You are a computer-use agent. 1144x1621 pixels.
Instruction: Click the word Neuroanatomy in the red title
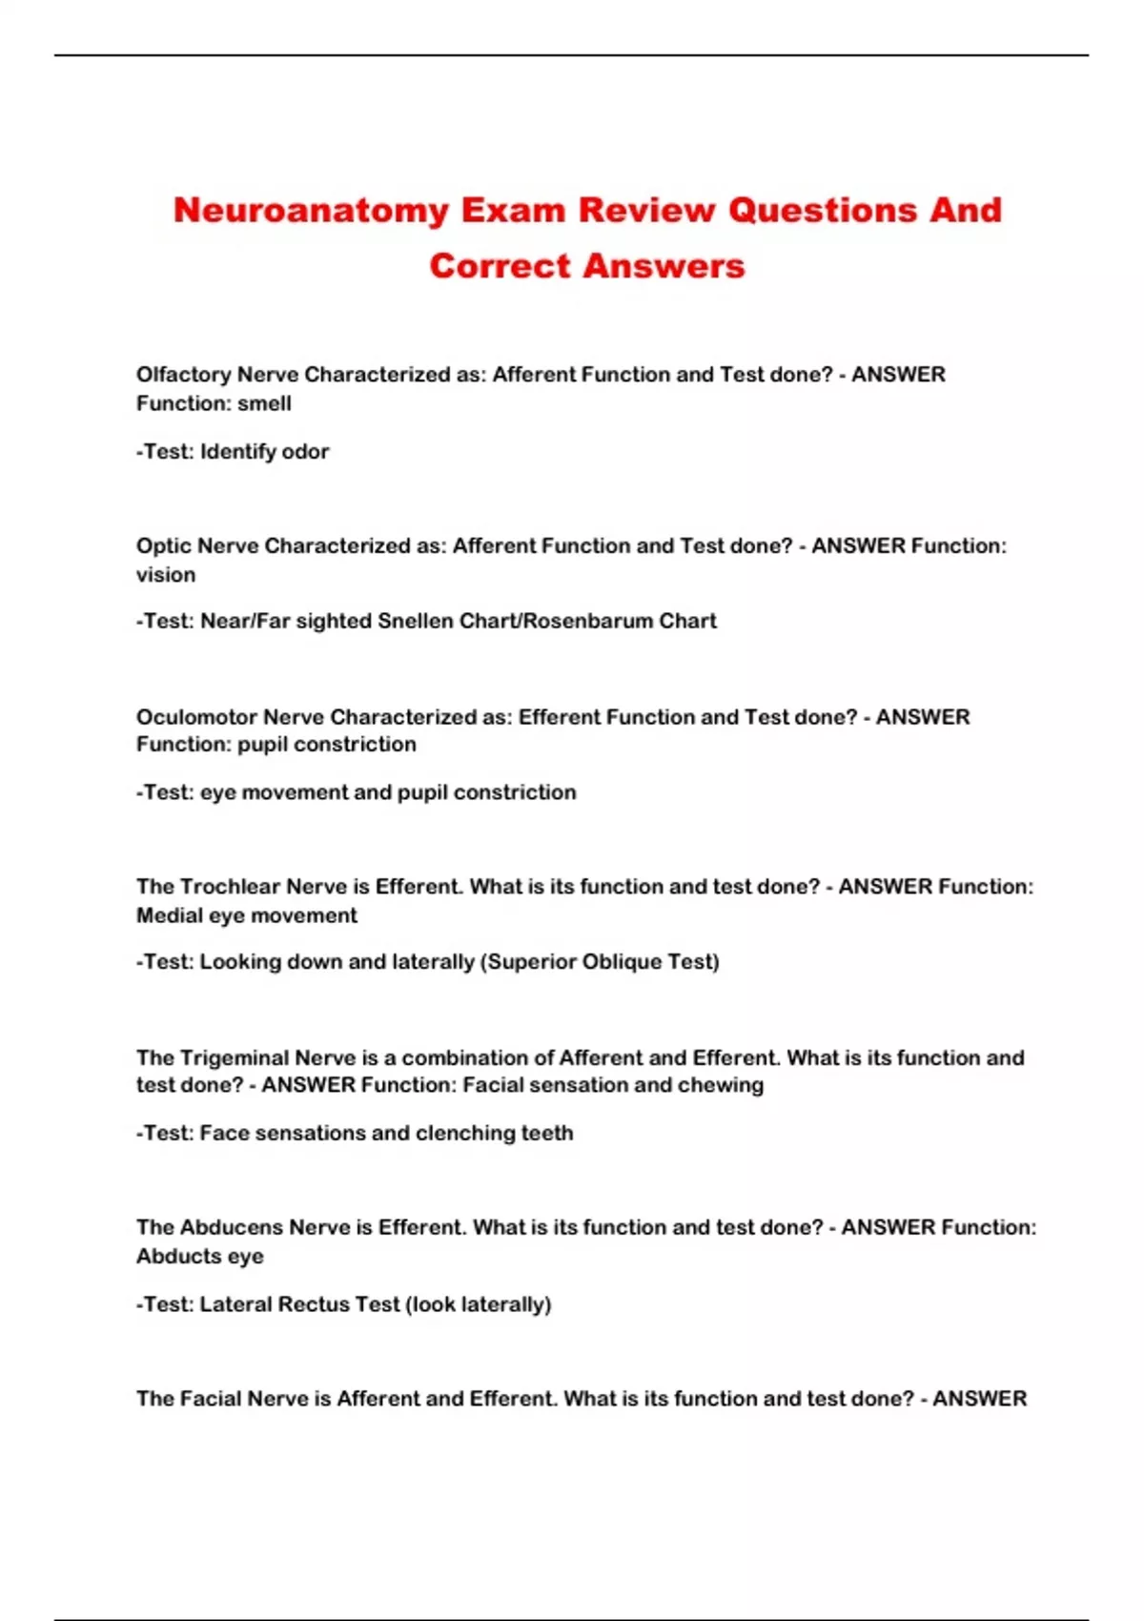click(x=311, y=211)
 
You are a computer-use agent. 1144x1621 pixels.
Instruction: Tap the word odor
click(x=305, y=452)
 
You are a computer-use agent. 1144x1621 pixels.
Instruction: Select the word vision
click(x=166, y=575)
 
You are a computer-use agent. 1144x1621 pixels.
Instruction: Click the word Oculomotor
click(x=196, y=717)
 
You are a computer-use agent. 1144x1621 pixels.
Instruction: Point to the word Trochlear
click(x=230, y=887)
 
